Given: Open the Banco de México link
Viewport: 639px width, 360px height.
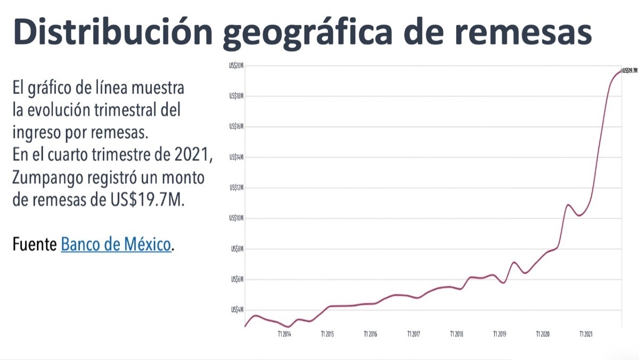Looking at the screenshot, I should point(117,245).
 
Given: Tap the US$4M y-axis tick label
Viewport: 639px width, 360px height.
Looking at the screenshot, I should point(236,309).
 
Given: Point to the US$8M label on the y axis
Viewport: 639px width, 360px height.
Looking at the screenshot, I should point(236,249).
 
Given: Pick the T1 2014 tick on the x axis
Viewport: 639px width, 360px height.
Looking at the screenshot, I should point(284,334).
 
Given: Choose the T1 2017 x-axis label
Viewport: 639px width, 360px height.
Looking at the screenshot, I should point(413,334).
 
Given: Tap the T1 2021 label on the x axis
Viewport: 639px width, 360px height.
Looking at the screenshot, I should point(586,334).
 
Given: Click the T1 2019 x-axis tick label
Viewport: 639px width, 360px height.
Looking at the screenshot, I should point(499,334).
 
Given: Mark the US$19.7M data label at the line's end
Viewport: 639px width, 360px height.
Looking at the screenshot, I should point(629,70).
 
